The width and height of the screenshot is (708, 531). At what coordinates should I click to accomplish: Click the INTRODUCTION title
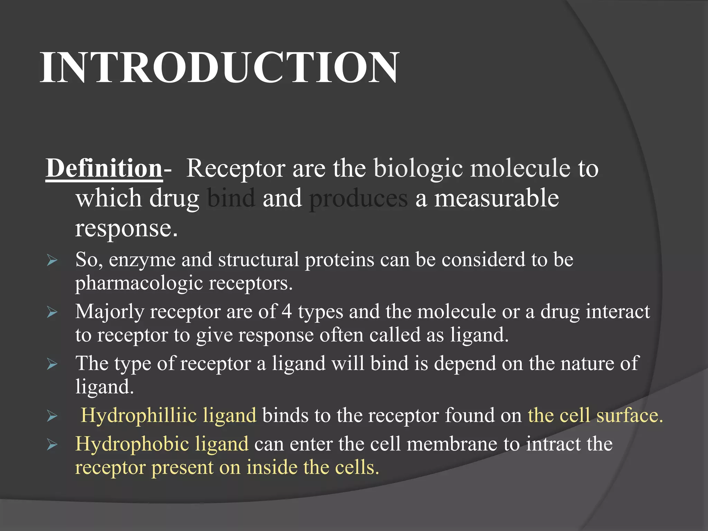[x=220, y=67]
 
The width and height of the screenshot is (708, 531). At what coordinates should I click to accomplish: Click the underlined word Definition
[x=104, y=168]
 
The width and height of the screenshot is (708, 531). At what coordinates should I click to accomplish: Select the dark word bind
[x=231, y=198]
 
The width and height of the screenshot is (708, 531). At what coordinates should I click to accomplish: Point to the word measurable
[x=496, y=198]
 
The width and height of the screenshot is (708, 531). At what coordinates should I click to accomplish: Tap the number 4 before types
[x=287, y=312]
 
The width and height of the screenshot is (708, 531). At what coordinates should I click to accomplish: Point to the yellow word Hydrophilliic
[x=139, y=415]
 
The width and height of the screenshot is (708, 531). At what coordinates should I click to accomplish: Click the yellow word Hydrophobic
[x=132, y=444]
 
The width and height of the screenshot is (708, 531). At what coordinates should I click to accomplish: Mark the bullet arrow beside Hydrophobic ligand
[x=52, y=445]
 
